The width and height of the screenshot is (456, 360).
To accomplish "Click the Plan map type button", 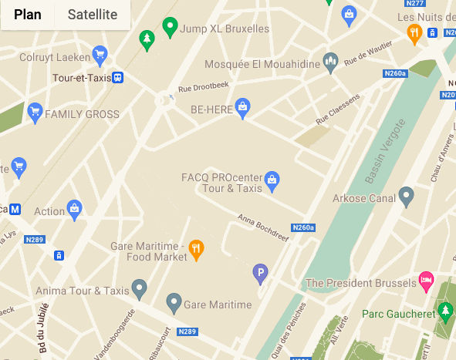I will [x=28, y=15].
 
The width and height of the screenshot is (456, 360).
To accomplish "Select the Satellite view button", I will [x=93, y=15].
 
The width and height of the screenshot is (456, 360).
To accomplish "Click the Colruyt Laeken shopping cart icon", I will [x=99, y=54].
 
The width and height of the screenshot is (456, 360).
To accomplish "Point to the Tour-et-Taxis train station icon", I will [x=117, y=78].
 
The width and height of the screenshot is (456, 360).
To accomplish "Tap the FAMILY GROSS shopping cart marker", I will [x=34, y=114].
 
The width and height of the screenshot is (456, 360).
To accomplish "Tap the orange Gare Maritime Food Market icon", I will [x=197, y=249].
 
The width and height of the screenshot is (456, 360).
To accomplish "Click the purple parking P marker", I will [x=261, y=272].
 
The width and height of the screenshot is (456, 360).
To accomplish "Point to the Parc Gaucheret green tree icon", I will [x=444, y=311].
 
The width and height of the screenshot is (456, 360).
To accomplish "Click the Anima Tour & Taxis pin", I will [x=139, y=290].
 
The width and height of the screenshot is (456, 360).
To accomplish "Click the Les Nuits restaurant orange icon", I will [x=414, y=32].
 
